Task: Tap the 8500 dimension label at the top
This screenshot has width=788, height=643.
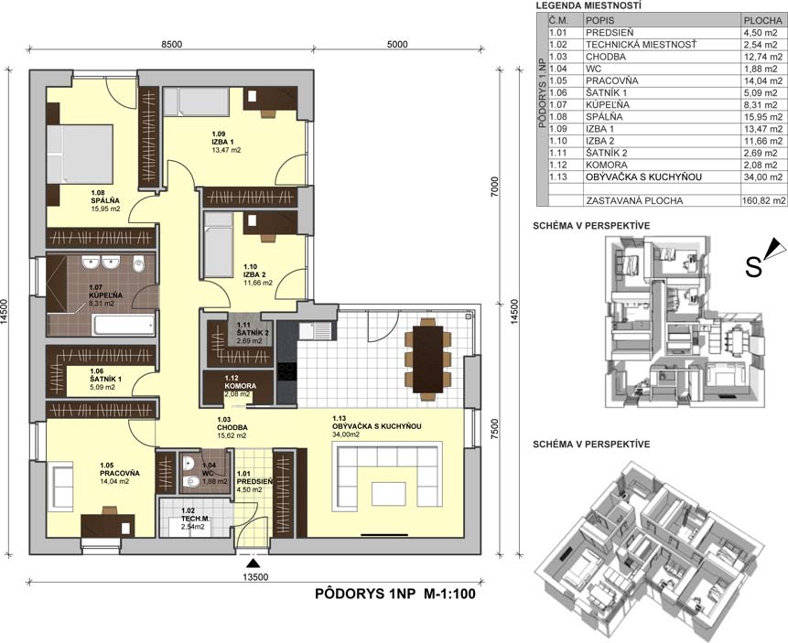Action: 171,44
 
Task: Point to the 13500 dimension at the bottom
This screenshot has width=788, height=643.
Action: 255,577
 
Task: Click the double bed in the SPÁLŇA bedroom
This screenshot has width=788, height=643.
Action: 80,154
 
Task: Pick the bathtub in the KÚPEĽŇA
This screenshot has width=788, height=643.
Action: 124,325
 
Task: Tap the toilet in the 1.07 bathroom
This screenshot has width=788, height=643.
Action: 139,263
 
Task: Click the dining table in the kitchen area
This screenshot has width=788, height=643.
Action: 427,359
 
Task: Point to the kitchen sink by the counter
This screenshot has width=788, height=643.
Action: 315,331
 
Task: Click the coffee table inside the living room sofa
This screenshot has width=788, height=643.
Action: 388,493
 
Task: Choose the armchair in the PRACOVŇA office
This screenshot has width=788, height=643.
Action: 59,486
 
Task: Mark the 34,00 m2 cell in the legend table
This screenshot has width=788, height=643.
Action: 763,177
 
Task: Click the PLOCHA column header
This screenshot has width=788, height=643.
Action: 763,21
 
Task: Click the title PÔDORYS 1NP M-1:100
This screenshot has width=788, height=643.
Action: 395,594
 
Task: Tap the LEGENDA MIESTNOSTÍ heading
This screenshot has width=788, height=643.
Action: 588,6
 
